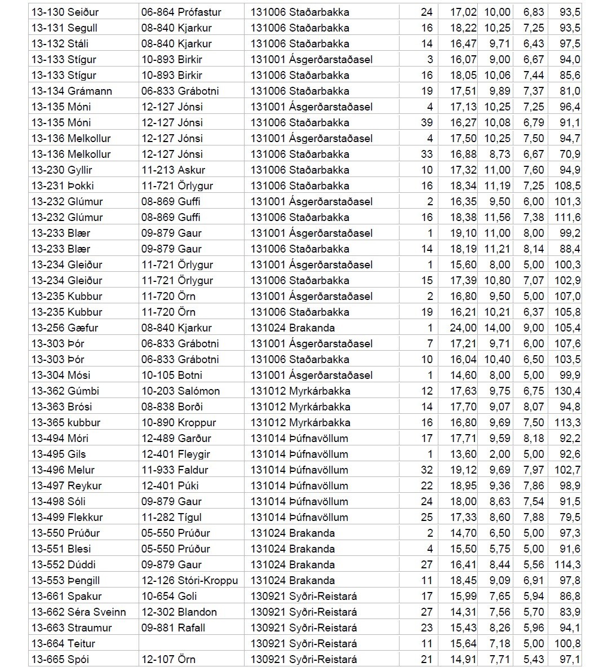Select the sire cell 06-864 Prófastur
click(181, 12)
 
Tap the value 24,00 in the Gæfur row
click(464, 328)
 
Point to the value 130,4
click(567, 391)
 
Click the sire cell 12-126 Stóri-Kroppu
click(189, 580)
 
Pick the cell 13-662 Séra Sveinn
click(78, 612)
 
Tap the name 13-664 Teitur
click(63, 643)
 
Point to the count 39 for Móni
click(427, 122)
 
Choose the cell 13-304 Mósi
click(61, 375)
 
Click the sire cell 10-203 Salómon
click(180, 391)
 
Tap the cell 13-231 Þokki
click(63, 185)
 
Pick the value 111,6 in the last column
click(567, 217)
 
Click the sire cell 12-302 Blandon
click(179, 612)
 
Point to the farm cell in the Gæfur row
click(292, 328)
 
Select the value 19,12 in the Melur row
click(464, 470)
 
